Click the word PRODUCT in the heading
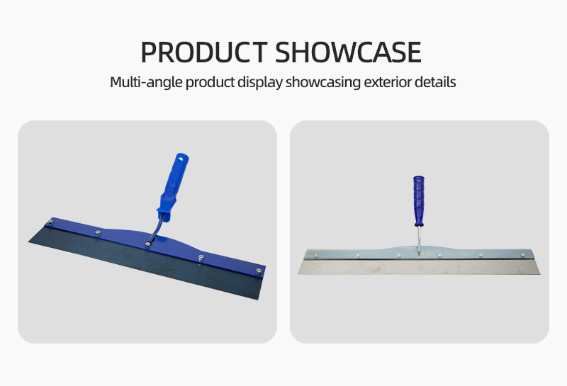[x=204, y=52]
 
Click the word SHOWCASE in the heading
[x=348, y=52]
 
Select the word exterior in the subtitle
[x=387, y=82]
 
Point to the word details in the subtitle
[x=435, y=82]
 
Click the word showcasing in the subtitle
[x=323, y=82]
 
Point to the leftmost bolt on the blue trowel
[x=50, y=222]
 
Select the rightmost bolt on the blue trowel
[x=259, y=271]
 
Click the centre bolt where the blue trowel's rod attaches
[x=148, y=244]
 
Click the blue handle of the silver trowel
[x=419, y=200]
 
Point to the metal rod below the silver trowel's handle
[x=419, y=239]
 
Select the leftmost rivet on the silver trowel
[x=315, y=256]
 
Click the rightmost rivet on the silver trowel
[x=522, y=255]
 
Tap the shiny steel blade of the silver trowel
[x=419, y=267]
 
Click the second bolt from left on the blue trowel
[x=98, y=233]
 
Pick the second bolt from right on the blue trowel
[x=201, y=257]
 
